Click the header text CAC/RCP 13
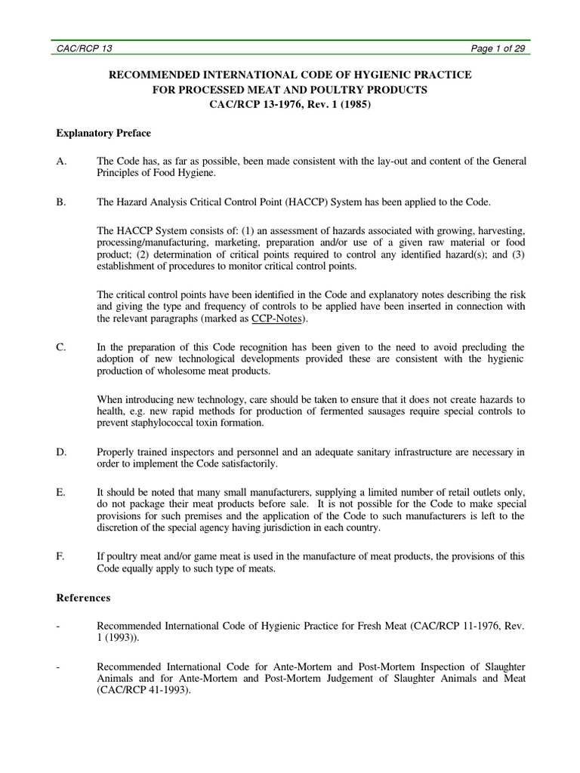tap(85, 48)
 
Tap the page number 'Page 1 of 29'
tap(497, 48)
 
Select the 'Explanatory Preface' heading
tap(103, 133)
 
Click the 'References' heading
tap(84, 598)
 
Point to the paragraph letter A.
tap(61, 162)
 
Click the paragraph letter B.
tap(61, 202)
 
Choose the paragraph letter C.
tap(61, 347)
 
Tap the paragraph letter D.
tap(61, 451)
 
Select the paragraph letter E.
tap(60, 492)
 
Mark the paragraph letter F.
tap(60, 556)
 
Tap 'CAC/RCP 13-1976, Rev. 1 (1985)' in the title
tap(290, 104)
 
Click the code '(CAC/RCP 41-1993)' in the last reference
tap(142, 688)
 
